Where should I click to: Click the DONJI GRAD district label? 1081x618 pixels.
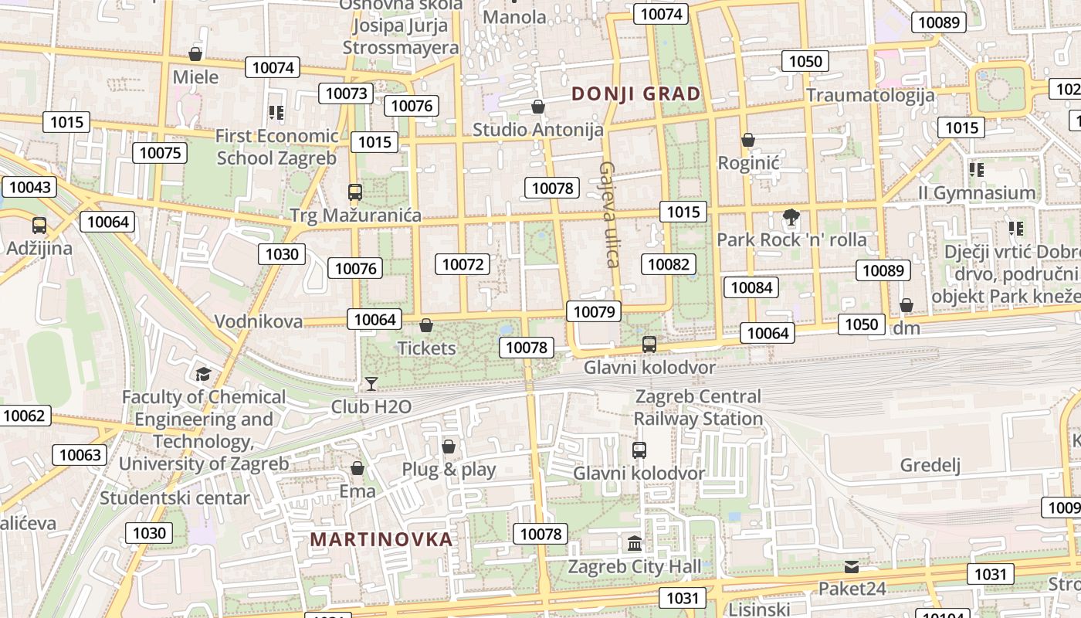click(635, 94)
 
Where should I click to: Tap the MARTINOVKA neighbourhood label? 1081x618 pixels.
click(381, 539)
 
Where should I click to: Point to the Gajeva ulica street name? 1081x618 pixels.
click(610, 214)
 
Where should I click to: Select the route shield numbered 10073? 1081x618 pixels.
click(347, 93)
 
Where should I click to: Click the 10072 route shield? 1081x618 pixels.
click(463, 264)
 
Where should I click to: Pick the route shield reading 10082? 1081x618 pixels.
click(668, 264)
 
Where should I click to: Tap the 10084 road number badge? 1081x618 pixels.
click(751, 287)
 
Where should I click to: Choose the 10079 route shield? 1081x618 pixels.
click(593, 311)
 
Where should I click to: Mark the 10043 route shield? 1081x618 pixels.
click(30, 187)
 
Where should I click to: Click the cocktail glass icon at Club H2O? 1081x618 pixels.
click(371, 384)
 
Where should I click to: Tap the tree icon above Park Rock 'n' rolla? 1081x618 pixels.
click(791, 217)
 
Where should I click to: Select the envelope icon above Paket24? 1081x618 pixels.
click(851, 567)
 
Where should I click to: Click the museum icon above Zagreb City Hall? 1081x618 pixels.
click(635, 544)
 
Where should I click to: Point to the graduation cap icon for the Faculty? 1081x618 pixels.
click(203, 375)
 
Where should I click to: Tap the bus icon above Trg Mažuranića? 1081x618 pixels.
click(355, 192)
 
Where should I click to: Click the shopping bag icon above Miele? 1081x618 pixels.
click(195, 54)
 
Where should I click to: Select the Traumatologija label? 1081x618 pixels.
click(870, 95)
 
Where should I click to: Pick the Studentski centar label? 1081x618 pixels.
click(175, 497)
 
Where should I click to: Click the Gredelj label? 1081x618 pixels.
click(930, 465)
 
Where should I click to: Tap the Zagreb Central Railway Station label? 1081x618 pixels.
click(698, 407)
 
